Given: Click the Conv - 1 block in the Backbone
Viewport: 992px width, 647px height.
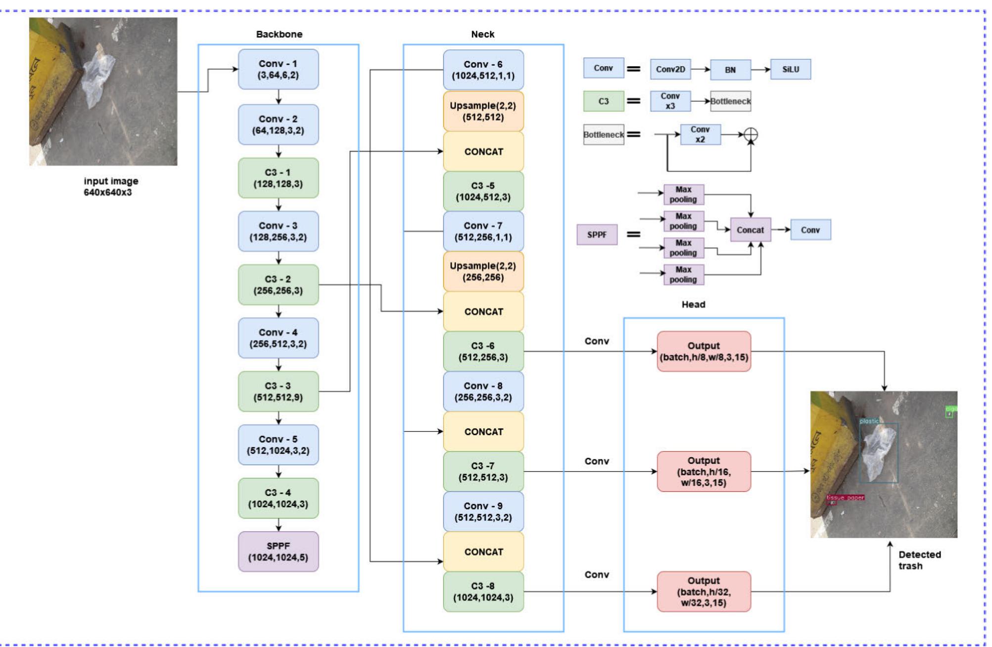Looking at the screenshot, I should [x=278, y=69].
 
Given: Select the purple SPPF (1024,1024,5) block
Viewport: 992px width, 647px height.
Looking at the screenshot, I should [x=278, y=552].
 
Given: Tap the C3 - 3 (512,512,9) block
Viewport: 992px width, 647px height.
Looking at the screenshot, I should [x=278, y=391].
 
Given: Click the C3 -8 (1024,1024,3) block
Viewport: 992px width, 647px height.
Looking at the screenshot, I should [x=483, y=592].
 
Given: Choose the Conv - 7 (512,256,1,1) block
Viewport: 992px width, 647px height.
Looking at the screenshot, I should [x=483, y=231].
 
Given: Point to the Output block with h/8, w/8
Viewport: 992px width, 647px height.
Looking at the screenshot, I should [x=704, y=351].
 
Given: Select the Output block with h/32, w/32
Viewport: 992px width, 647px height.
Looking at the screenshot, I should [x=704, y=592].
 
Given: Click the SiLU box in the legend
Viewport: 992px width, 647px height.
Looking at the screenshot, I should [x=790, y=69].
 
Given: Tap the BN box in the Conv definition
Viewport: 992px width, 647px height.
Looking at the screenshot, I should [x=730, y=70].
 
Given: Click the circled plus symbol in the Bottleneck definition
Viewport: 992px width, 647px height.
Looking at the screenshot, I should [x=751, y=134].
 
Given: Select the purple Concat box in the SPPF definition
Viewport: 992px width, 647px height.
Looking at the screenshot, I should [x=750, y=230].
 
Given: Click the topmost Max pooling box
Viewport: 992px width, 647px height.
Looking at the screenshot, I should [x=683, y=195].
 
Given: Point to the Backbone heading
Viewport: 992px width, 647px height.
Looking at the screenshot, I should [x=279, y=34].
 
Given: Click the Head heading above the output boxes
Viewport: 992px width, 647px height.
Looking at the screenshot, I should [x=693, y=304].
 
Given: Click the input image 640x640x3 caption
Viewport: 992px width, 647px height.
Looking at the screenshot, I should [x=110, y=187].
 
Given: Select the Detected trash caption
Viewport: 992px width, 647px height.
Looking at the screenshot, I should [x=919, y=560].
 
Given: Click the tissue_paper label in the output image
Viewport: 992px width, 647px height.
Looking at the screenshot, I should [x=845, y=497].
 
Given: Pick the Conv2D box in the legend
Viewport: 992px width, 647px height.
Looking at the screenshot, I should [x=670, y=69].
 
